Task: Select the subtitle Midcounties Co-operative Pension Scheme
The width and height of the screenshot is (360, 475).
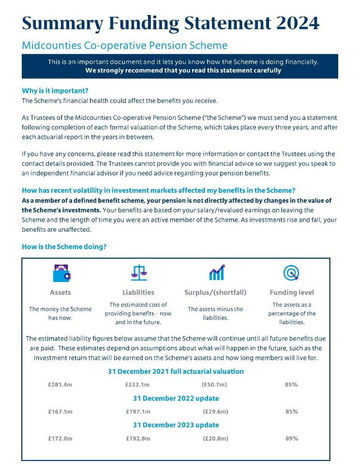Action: [124, 46]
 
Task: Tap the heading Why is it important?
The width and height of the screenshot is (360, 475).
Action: [55, 91]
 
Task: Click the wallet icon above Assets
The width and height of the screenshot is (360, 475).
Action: [61, 274]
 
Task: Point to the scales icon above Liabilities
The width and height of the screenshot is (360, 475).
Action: [138, 273]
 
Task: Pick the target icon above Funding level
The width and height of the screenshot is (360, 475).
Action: [291, 273]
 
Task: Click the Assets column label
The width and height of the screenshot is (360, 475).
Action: [60, 293]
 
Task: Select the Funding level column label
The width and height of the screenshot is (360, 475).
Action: [291, 293]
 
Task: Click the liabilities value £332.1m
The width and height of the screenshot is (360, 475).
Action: [138, 385]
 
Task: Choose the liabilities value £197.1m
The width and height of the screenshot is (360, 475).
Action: [138, 412]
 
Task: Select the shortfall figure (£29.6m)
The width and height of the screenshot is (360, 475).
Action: [215, 412]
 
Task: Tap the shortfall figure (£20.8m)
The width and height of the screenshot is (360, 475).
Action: [215, 438]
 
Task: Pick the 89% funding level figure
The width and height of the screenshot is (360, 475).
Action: [291, 438]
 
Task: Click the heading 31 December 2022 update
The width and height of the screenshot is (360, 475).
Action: [176, 399]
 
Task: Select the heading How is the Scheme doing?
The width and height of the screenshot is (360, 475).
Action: [64, 247]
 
